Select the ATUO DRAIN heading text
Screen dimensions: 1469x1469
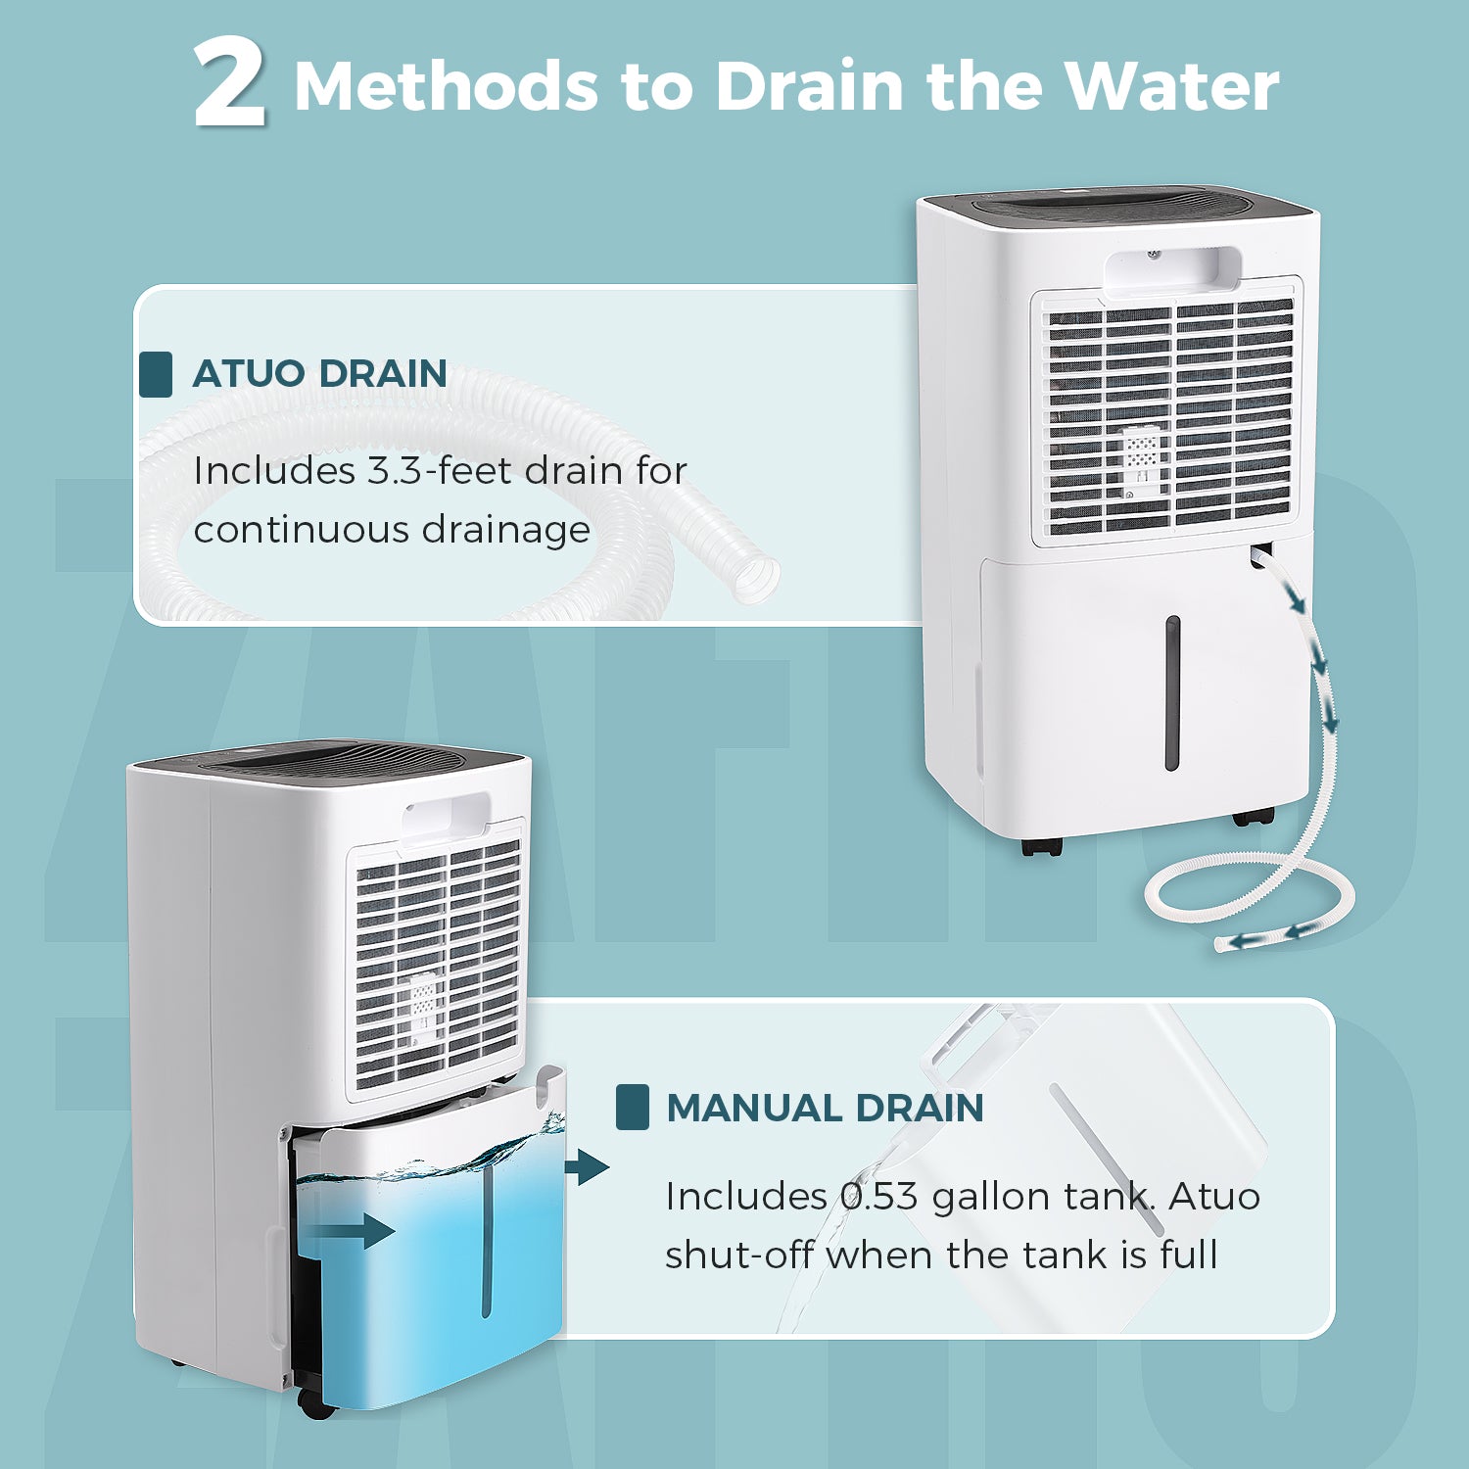click(x=319, y=373)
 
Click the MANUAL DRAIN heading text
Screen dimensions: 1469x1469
click(x=825, y=1108)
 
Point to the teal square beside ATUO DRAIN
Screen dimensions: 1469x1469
click(x=156, y=374)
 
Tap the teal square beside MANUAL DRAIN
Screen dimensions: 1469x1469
click(x=633, y=1108)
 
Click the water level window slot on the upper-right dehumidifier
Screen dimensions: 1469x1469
click(x=1172, y=692)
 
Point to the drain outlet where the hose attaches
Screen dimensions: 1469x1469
click(x=1260, y=555)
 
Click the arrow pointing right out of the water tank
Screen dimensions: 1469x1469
click(x=587, y=1167)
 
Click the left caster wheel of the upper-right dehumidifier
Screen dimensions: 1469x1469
click(x=1041, y=847)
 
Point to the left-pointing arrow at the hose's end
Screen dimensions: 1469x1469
click(x=1247, y=941)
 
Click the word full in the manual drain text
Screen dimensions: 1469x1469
click(x=1189, y=1255)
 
